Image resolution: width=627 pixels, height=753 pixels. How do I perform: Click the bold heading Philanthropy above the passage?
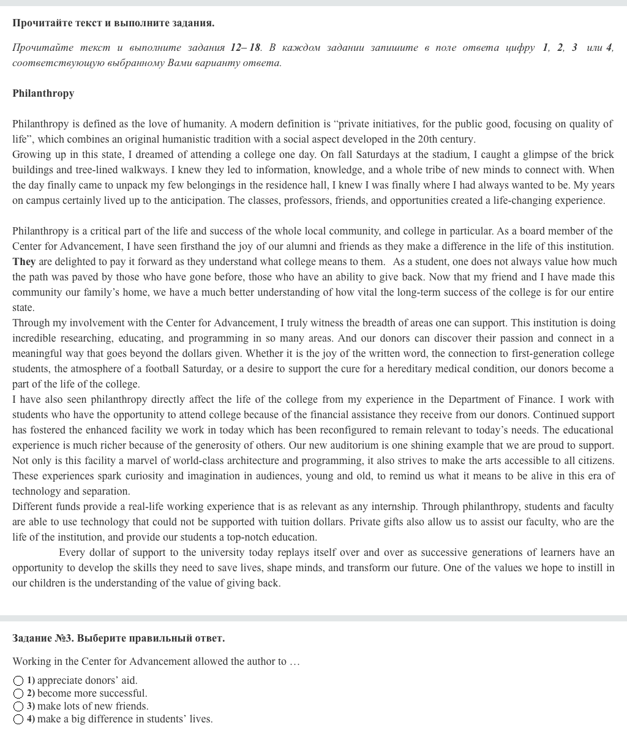coord(43,93)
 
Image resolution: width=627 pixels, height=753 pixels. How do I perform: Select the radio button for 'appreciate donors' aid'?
coord(18,681)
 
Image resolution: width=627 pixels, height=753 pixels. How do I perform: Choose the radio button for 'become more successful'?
coord(18,694)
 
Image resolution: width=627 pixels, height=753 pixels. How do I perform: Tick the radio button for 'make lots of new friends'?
coord(18,706)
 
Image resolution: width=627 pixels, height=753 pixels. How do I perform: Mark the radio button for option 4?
coord(18,719)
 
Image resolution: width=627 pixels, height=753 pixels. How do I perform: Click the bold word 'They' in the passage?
coord(24,261)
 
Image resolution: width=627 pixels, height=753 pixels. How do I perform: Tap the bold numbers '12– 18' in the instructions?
coord(246,47)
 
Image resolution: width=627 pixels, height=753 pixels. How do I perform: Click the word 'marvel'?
coord(141,460)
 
